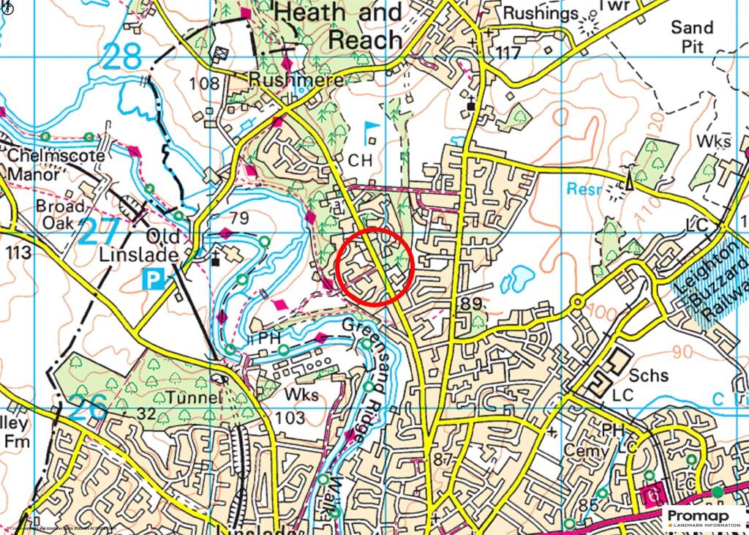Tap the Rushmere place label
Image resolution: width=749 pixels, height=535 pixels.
click(296, 78)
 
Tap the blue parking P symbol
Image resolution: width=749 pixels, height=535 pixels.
click(154, 279)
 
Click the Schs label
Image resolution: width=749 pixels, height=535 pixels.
click(649, 375)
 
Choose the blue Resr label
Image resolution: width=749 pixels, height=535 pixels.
click(584, 190)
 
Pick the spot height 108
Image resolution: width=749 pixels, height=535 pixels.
click(204, 83)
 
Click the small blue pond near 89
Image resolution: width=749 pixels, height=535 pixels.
click(518, 276)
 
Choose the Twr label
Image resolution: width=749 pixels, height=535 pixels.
click(615, 6)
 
